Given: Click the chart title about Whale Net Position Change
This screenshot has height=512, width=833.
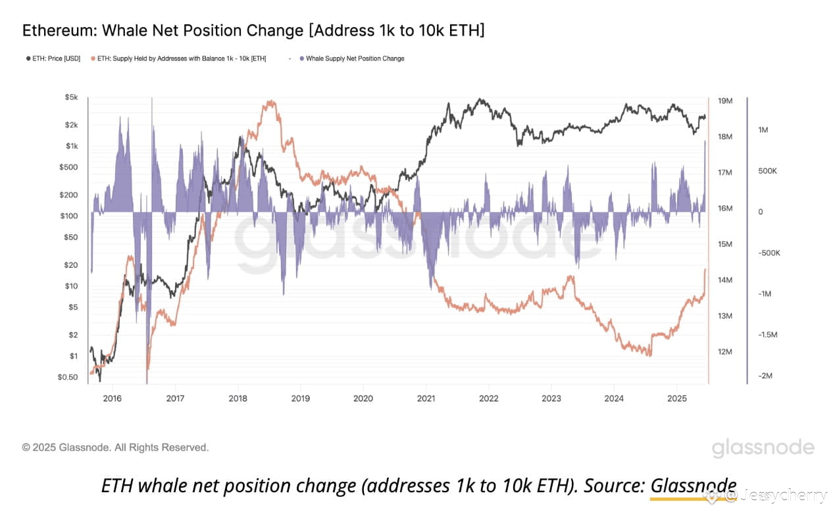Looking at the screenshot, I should click(253, 30).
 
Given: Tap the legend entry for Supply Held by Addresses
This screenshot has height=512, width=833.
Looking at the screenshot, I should click(182, 59).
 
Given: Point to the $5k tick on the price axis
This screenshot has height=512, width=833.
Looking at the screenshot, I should click(70, 97).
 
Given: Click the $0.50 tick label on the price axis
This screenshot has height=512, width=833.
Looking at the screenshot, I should click(67, 377).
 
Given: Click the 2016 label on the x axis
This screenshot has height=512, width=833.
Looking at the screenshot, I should click(113, 398).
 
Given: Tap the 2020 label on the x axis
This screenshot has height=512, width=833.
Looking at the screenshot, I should click(363, 398).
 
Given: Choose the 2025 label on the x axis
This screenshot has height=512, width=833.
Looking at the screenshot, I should click(676, 398).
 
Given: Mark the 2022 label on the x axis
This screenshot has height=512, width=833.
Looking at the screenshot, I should click(488, 398).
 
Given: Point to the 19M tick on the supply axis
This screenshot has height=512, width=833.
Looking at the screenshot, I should click(725, 101).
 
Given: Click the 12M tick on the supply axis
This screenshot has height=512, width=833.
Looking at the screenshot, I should click(725, 352).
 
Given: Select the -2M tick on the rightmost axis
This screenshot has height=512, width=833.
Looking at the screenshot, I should click(765, 376).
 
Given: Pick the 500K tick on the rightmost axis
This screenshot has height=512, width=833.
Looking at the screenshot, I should click(768, 171).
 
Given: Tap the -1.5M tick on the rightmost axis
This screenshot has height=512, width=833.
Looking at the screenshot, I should click(768, 335).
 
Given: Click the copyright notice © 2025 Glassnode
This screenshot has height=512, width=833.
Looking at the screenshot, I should click(115, 448).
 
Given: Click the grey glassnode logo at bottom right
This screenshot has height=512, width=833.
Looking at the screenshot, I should click(763, 448).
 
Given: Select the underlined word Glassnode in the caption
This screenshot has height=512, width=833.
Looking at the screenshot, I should click(694, 486).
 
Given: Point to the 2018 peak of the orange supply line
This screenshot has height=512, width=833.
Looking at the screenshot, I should click(269, 102).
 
